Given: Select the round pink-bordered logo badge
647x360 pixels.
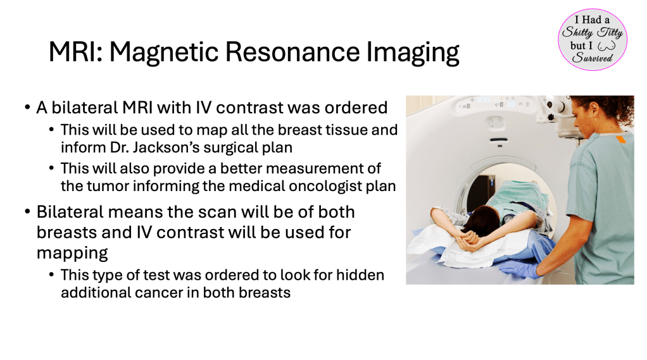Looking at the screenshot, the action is pyautogui.click(x=593, y=40).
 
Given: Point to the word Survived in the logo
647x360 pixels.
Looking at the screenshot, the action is pyautogui.click(x=592, y=58).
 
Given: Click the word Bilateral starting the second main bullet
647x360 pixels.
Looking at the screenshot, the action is pyautogui.click(x=70, y=212).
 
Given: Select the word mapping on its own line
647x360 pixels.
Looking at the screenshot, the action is pyautogui.click(x=72, y=253).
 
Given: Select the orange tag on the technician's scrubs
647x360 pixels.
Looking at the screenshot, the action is pyautogui.click(x=620, y=139).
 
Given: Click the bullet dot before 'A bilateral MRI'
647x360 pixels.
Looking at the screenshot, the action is pyautogui.click(x=27, y=108).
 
